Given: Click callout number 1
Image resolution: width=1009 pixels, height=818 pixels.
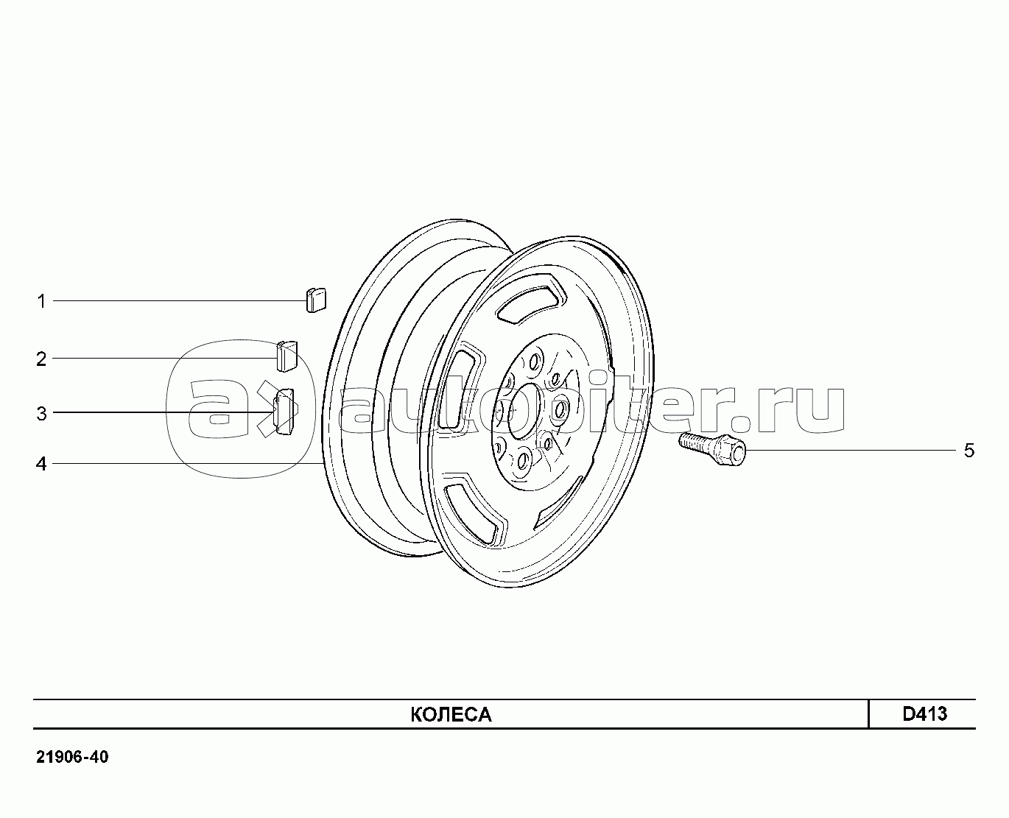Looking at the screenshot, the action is [x=41, y=301].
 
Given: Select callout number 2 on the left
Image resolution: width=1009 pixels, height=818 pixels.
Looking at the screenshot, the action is [x=41, y=359].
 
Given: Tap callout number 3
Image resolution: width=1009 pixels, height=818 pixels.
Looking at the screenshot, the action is [x=41, y=414].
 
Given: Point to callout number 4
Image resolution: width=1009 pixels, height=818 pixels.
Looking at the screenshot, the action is [x=41, y=464].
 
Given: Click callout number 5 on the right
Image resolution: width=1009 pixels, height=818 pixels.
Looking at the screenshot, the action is [x=969, y=451].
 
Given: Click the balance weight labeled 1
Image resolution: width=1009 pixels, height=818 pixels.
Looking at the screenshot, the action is [x=316, y=300].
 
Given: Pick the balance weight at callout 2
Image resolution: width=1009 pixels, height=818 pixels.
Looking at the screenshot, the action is [x=286, y=356].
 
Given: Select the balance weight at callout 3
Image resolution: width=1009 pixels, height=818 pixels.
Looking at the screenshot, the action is [x=285, y=412].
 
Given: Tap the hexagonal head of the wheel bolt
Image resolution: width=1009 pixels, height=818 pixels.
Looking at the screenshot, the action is [x=730, y=451].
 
